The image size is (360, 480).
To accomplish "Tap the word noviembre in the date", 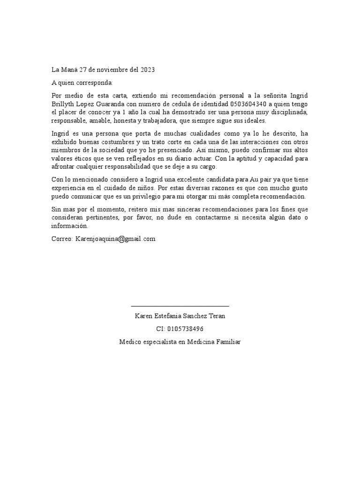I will (109, 70).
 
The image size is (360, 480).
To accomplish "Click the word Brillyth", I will (63, 104).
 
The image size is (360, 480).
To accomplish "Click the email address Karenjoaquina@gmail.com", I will (115, 239).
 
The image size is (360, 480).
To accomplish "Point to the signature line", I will (180, 306).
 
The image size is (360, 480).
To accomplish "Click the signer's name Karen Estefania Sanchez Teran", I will (180, 316).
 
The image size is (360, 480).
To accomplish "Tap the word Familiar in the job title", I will (227, 342).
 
